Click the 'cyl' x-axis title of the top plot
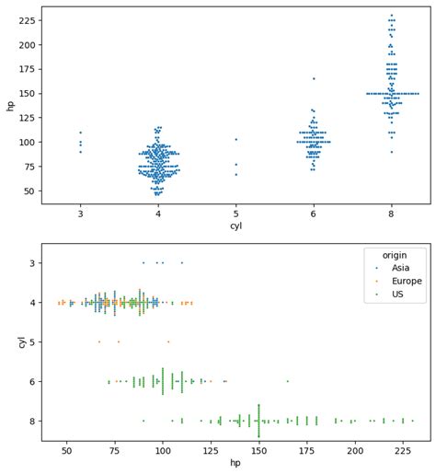235,225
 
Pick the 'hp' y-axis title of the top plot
10,106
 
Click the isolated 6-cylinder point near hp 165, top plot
314,78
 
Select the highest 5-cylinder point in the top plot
235,139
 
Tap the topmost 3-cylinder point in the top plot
80,133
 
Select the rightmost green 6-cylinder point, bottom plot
287,381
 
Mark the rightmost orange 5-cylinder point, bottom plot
168,341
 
